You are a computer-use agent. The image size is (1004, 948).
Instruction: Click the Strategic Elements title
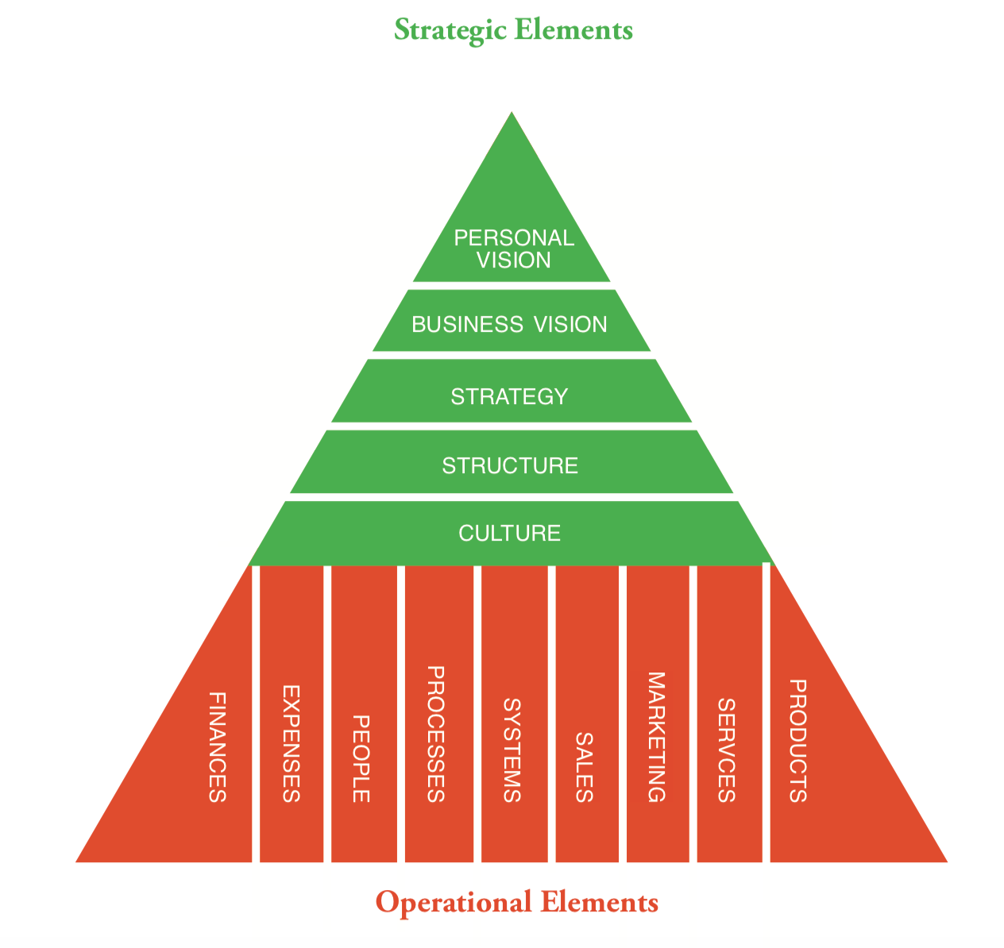pyautogui.click(x=513, y=30)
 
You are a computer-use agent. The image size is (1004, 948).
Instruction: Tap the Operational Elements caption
pyautogui.click(x=516, y=902)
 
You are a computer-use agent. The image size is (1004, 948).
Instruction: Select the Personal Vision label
pyautogui.click(x=513, y=249)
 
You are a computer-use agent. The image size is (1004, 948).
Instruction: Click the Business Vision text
pyautogui.click(x=509, y=324)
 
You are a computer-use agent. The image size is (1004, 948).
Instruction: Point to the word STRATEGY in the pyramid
pyautogui.click(x=509, y=395)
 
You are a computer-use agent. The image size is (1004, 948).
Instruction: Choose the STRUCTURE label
pyautogui.click(x=510, y=465)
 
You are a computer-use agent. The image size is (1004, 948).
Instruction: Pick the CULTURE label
pyautogui.click(x=510, y=533)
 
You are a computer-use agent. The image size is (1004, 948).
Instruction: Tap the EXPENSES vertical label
pyautogui.click(x=292, y=744)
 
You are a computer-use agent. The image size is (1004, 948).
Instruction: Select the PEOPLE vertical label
pyautogui.click(x=361, y=759)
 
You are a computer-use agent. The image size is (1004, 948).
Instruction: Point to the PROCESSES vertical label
pyautogui.click(x=435, y=734)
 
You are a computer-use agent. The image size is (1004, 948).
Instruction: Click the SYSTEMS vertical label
pyautogui.click(x=512, y=750)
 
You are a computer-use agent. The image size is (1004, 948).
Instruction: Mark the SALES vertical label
pyautogui.click(x=584, y=767)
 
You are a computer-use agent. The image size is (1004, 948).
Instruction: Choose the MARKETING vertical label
pyautogui.click(x=655, y=738)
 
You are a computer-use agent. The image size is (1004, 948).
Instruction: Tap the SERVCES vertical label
pyautogui.click(x=726, y=750)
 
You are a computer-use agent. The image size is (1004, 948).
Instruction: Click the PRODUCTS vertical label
pyautogui.click(x=797, y=741)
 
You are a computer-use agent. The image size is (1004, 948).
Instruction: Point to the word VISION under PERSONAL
pyautogui.click(x=513, y=260)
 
